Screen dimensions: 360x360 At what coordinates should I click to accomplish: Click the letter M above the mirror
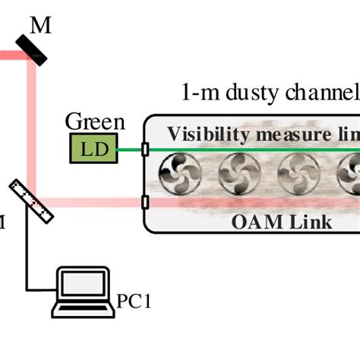(x=41, y=26)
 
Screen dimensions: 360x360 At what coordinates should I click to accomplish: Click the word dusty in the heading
(x=251, y=93)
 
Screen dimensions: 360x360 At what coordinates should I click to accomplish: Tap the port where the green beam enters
(x=144, y=150)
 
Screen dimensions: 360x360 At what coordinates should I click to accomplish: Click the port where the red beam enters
(x=144, y=203)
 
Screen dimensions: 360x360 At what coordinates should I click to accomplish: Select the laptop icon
(x=83, y=292)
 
